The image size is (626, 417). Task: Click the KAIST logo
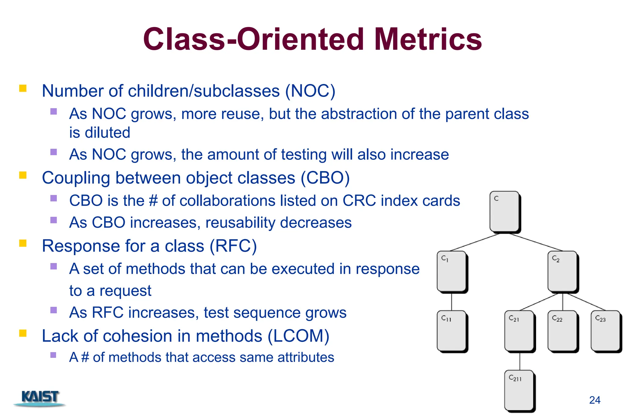click(x=40, y=397)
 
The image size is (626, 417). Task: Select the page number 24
click(x=595, y=400)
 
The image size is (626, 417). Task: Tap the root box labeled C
click(x=505, y=211)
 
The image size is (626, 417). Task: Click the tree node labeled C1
click(x=452, y=271)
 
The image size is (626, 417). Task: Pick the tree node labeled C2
click(x=562, y=271)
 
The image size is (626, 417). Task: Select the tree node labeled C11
click(x=452, y=331)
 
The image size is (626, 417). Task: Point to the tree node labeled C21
click(x=519, y=331)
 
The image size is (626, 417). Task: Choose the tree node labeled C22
click(x=562, y=331)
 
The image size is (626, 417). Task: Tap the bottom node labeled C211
click(x=519, y=390)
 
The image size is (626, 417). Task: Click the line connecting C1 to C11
click(x=452, y=302)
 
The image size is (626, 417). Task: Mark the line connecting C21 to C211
click(x=520, y=361)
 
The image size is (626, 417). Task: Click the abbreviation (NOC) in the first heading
click(x=310, y=91)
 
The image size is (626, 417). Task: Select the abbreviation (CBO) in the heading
click(x=325, y=178)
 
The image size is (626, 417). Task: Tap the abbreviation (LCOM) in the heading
click(x=298, y=336)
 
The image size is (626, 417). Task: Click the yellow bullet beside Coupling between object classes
click(x=23, y=175)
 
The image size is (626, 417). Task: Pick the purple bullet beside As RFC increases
click(x=54, y=310)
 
